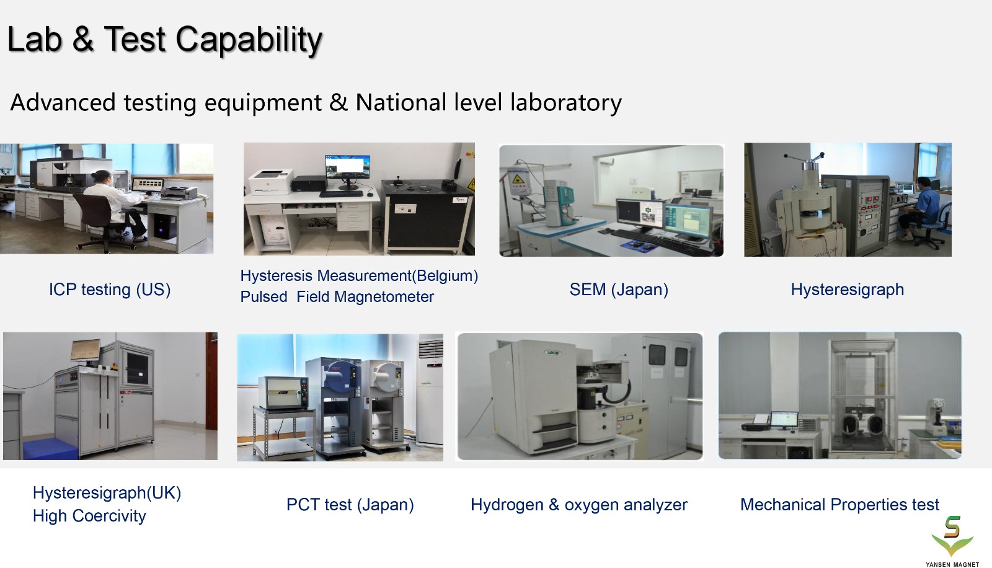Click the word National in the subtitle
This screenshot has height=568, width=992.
401,103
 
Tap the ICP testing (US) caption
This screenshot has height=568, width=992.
110,290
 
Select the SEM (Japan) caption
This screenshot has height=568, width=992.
619,290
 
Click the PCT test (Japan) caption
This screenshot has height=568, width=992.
350,505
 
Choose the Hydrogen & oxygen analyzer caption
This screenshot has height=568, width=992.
579,505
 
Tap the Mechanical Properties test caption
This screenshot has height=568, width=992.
839,505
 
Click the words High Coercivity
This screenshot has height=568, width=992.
89,516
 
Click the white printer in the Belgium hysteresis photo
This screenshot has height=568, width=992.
271,182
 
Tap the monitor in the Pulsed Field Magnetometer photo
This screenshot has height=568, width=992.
348,171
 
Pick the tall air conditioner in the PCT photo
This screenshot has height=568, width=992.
430,392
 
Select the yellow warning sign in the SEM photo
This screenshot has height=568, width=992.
517,179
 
